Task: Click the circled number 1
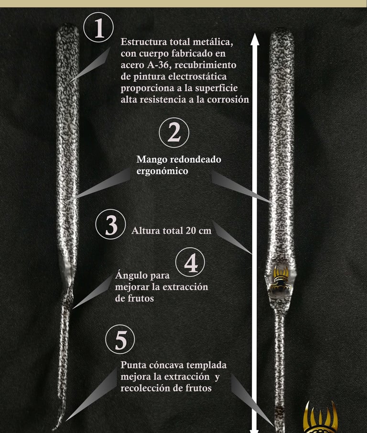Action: pyautogui.click(x=98, y=27)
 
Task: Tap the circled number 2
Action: pyautogui.click(x=174, y=133)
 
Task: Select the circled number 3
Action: pyautogui.click(x=110, y=224)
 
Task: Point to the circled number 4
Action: pyautogui.click(x=190, y=262)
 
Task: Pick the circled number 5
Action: pyautogui.click(x=120, y=339)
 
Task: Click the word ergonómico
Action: pyautogui.click(x=162, y=171)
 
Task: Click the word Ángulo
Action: pyautogui.click(x=131, y=275)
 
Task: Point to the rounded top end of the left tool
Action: pyautogui.click(x=68, y=28)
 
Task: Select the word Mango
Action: pyautogui.click(x=151, y=160)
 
